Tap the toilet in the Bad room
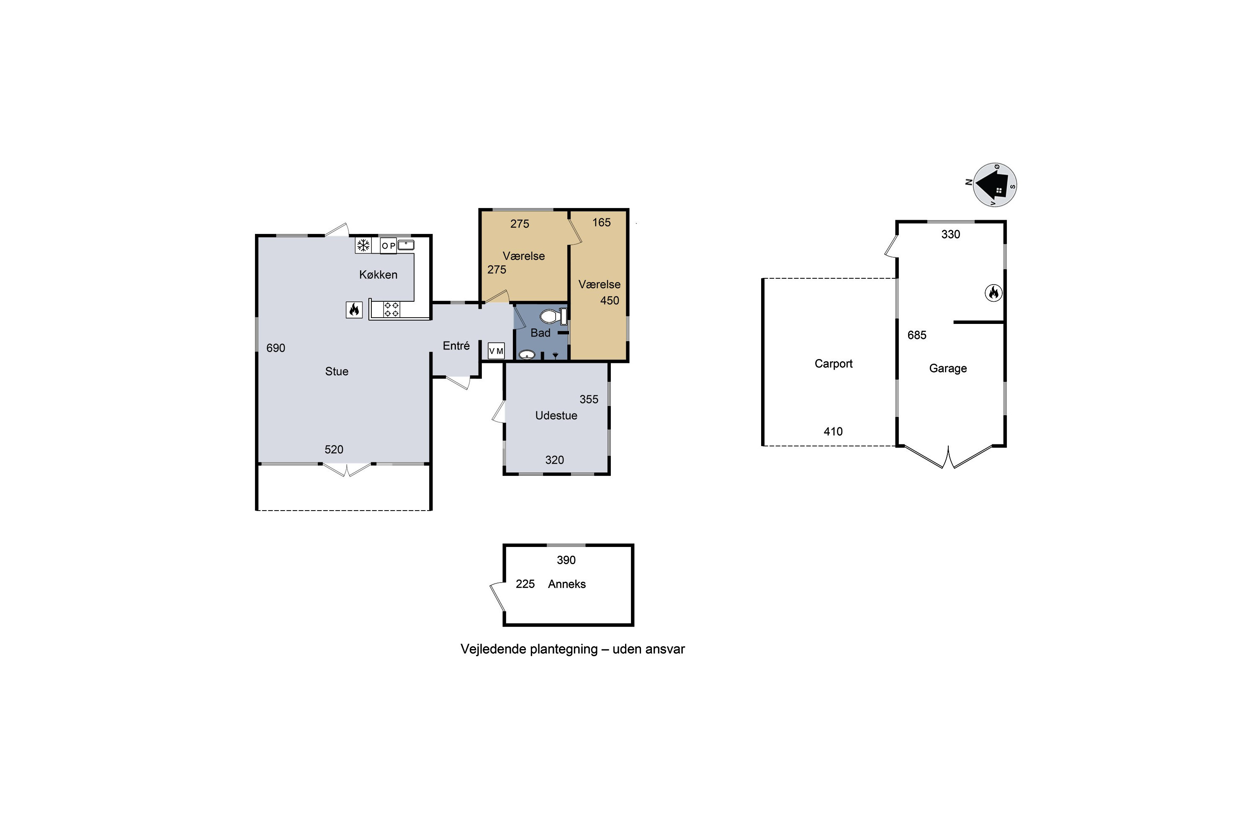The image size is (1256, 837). [553, 316]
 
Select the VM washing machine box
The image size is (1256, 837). [496, 351]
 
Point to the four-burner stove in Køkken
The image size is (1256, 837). [391, 310]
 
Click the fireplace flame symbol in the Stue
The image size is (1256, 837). [354, 310]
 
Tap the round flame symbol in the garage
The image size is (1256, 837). [993, 293]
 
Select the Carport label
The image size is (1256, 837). [833, 364]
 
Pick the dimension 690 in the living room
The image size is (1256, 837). [275, 348]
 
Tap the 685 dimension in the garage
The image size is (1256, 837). [917, 335]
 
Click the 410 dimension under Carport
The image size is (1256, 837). [833, 431]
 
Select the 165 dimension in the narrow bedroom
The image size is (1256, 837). [601, 223]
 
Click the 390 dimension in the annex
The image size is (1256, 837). [566, 560]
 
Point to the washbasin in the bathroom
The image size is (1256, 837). [527, 354]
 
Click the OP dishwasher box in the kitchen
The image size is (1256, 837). [388, 246]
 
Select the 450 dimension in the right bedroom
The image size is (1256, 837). [609, 300]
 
